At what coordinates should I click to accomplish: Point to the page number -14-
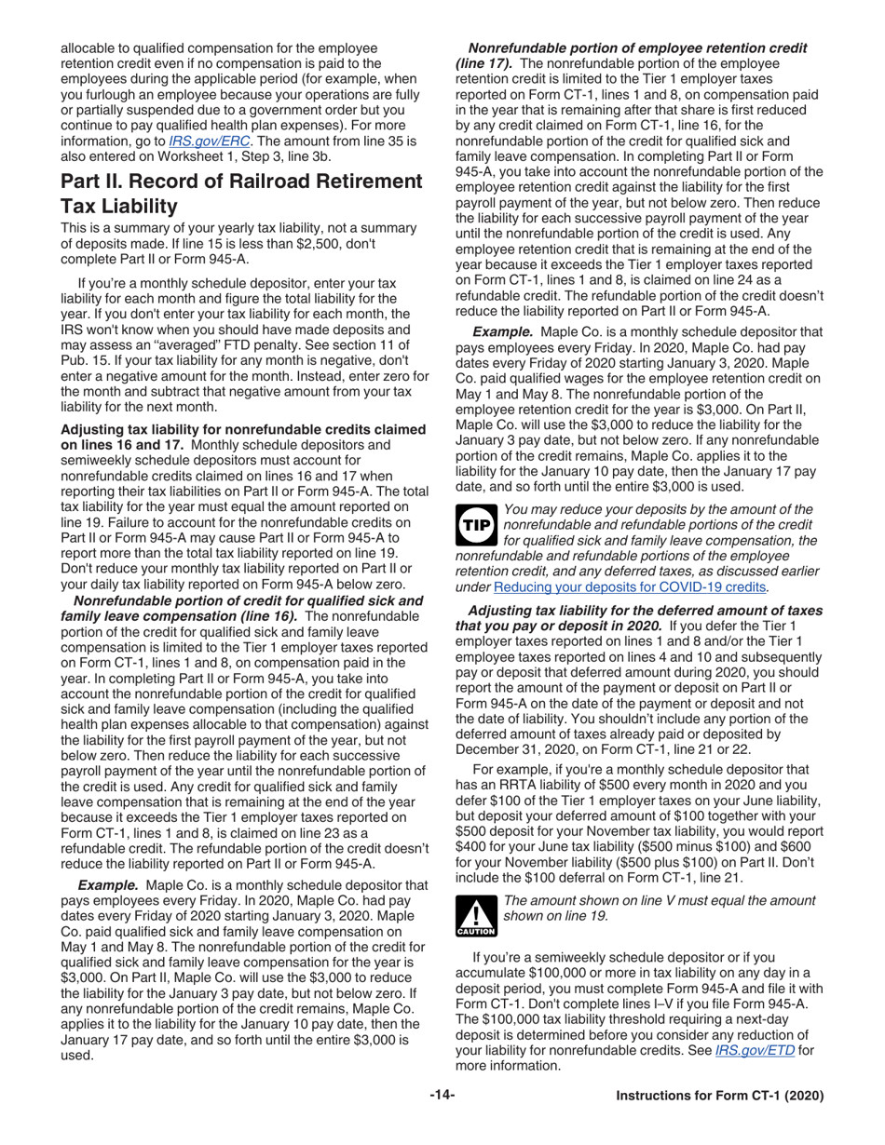[x=442, y=1096]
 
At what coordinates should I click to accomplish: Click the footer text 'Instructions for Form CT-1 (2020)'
[x=720, y=1097]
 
